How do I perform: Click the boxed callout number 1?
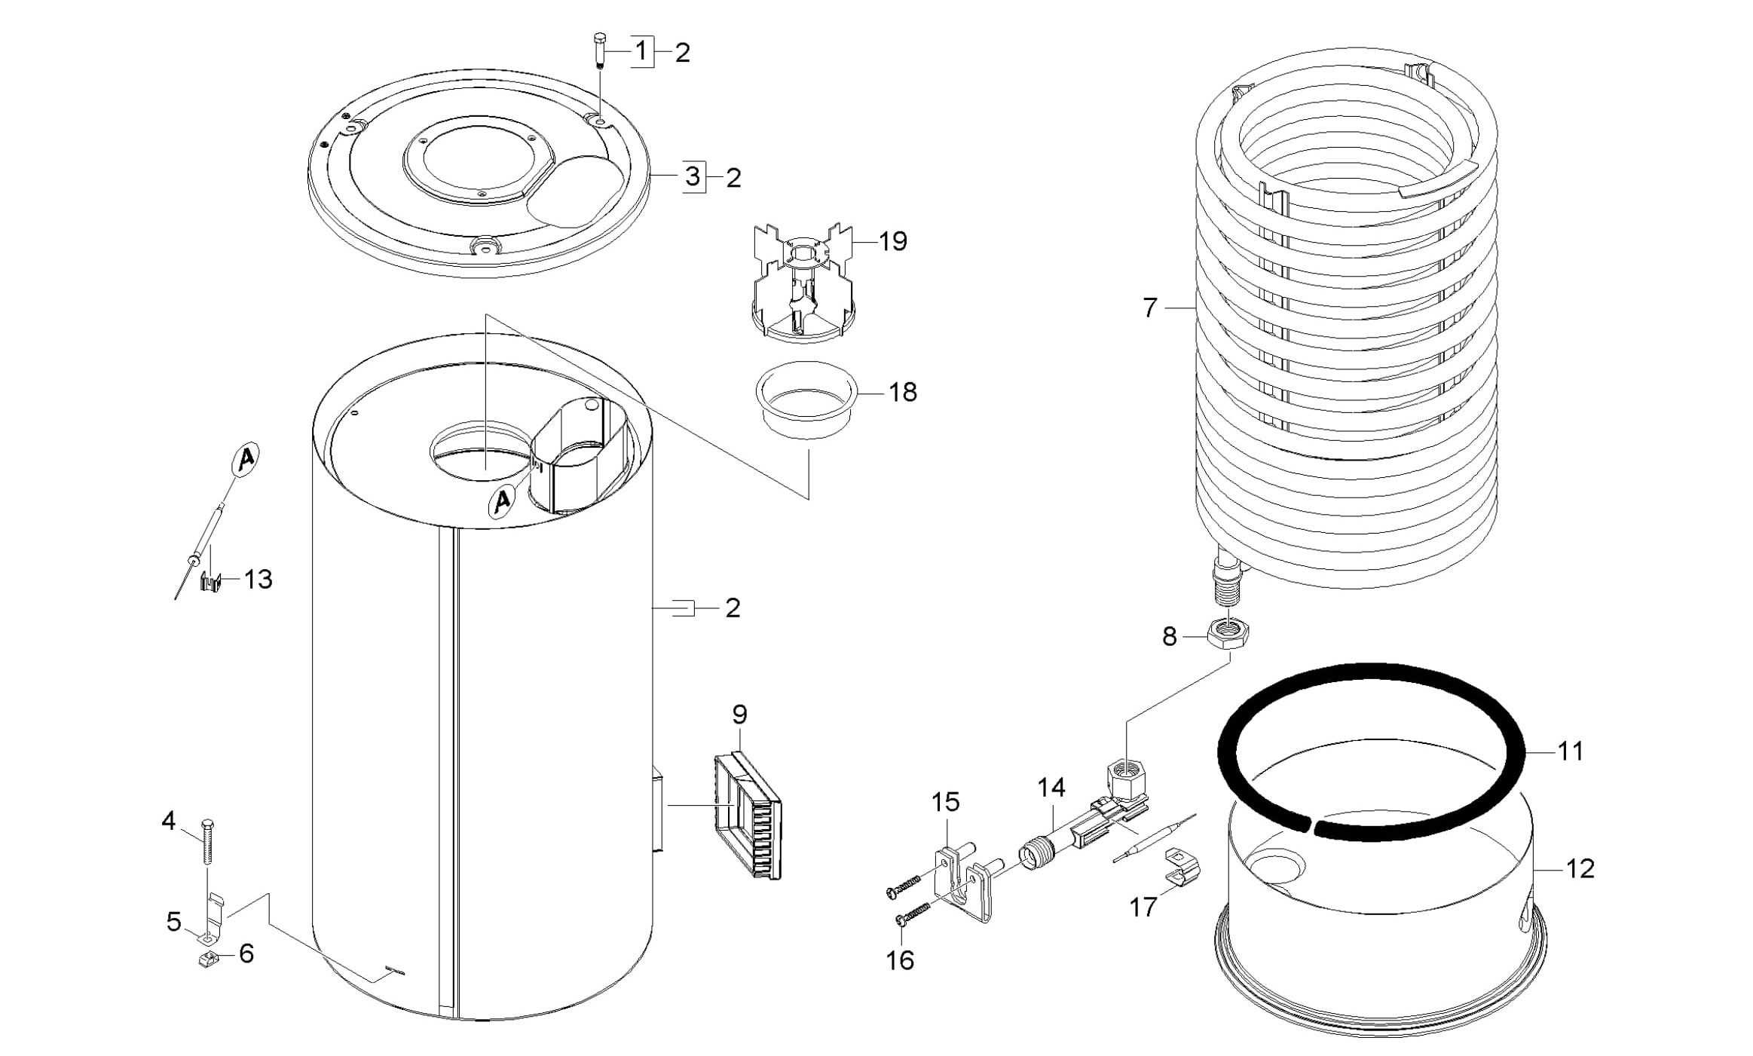(x=641, y=51)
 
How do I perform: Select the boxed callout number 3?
(x=693, y=177)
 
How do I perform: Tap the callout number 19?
(x=892, y=241)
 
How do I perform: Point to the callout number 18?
(x=903, y=392)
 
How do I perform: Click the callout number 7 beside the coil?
(x=1149, y=308)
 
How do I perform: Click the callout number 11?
(x=1571, y=751)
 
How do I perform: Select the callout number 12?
(x=1580, y=869)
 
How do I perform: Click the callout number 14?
(x=1051, y=788)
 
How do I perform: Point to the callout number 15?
(x=945, y=802)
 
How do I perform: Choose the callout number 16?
(x=900, y=960)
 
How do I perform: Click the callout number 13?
(x=258, y=579)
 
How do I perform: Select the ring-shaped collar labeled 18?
(x=806, y=408)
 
